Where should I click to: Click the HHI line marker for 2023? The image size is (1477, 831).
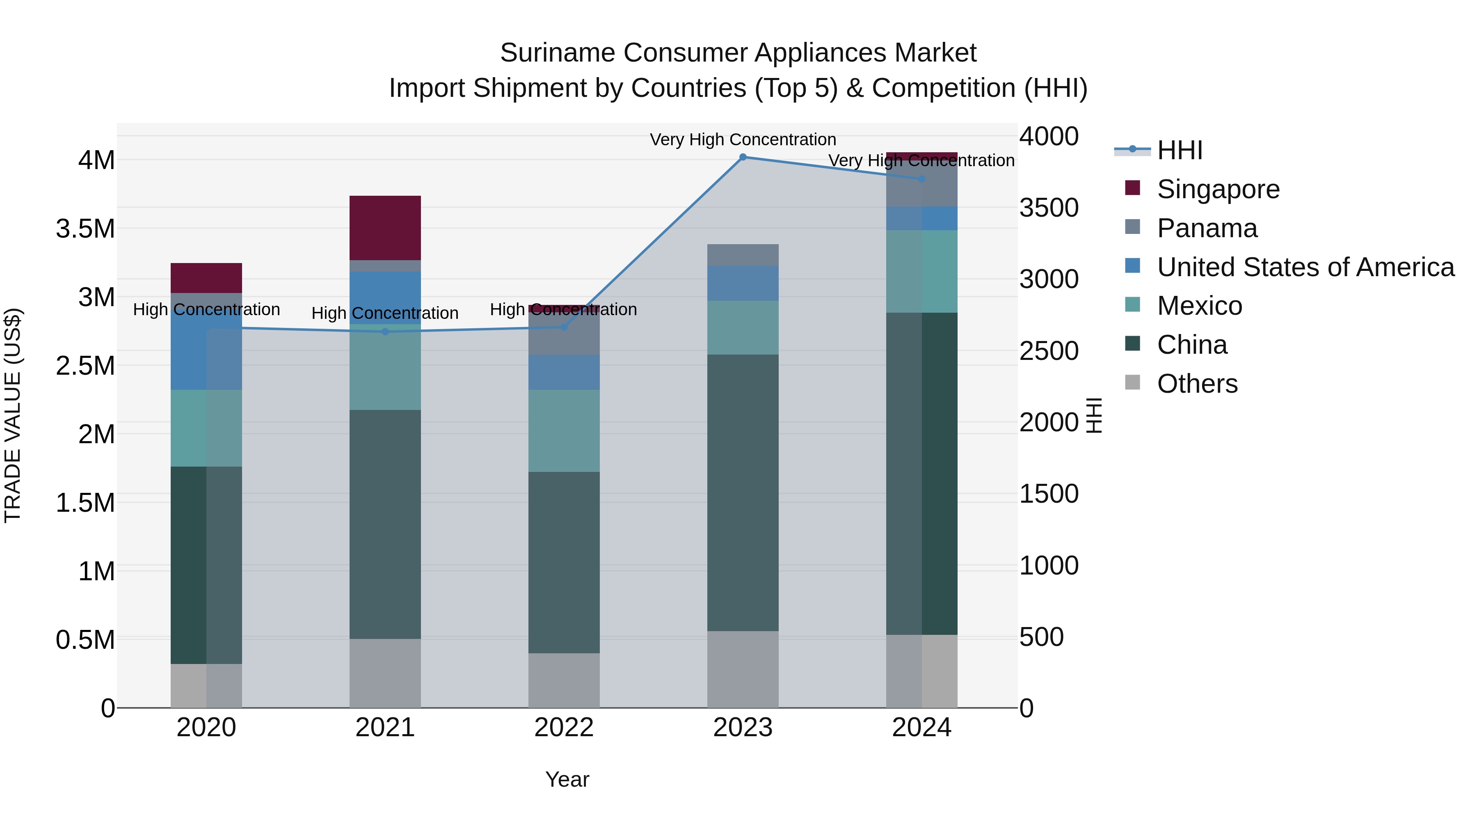743,157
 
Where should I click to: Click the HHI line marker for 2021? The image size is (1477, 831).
385,332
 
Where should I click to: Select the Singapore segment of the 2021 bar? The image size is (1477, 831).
385,228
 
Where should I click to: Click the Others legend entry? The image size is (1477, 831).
1197,384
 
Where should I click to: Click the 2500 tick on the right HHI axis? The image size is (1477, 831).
1049,351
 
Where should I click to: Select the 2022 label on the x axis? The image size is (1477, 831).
564,728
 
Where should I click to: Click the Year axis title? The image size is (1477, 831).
567,779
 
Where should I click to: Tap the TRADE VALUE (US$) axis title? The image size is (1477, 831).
13,415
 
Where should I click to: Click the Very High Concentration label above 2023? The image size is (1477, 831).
743,140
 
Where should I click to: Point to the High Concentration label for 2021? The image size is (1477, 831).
385,313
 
